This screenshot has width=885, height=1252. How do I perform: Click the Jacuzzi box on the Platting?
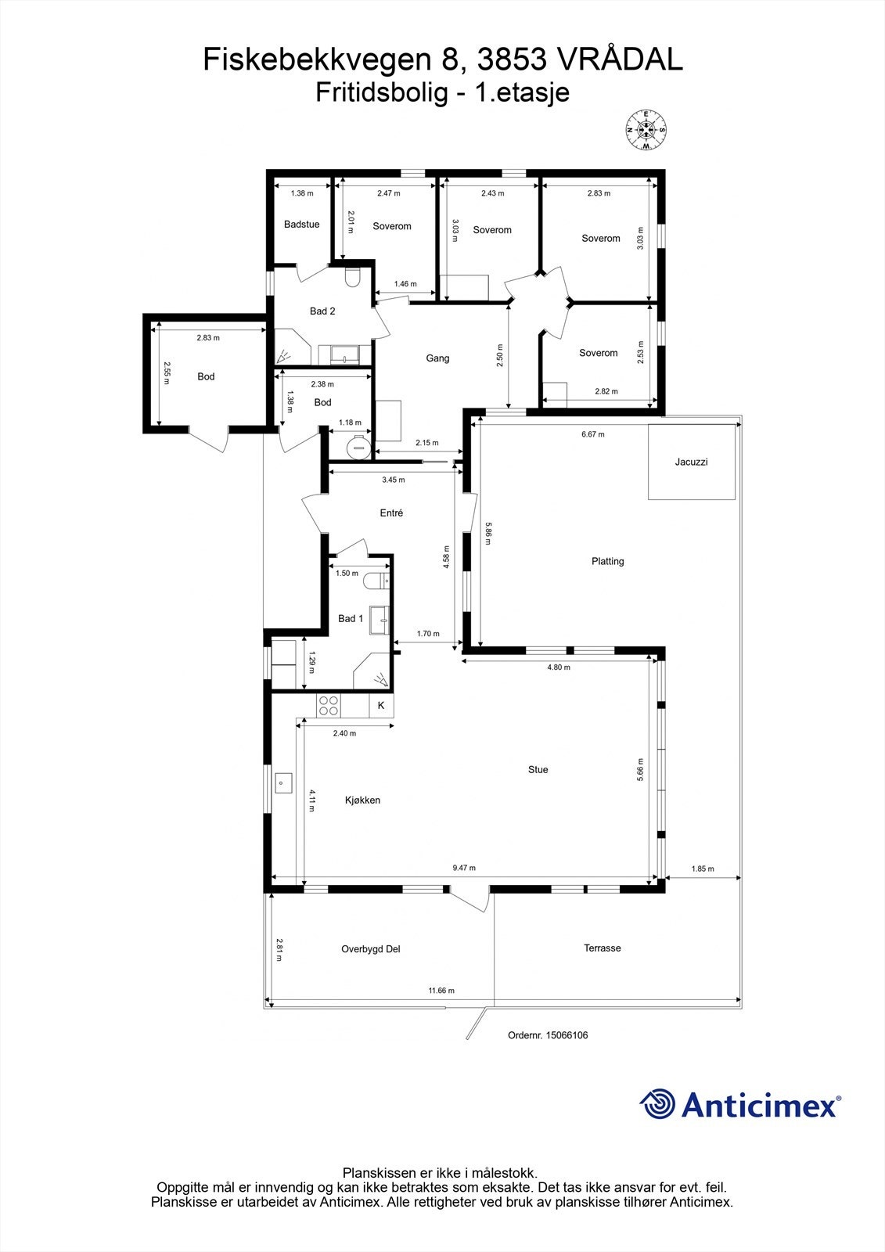(692, 462)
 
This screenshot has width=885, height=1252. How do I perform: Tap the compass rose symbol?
(646, 129)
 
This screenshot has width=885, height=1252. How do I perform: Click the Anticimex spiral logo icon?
(657, 1104)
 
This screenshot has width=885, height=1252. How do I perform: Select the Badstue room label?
(301, 225)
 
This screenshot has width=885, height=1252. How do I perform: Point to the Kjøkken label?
(362, 800)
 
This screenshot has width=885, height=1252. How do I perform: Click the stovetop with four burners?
(329, 706)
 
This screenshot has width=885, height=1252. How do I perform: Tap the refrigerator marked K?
(381, 706)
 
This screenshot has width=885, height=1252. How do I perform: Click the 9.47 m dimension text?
(464, 868)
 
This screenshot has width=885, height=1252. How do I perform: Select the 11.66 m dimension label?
(441, 991)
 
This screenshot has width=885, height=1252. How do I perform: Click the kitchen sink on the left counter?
(282, 781)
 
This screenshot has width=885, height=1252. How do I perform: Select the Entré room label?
(391, 513)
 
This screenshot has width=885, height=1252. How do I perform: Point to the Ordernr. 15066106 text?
(548, 1035)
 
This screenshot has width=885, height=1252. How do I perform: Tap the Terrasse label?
(602, 948)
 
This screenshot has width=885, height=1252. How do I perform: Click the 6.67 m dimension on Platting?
(592, 434)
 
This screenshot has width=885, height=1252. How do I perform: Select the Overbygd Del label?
(370, 949)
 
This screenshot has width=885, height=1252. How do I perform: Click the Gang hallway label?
(437, 358)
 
